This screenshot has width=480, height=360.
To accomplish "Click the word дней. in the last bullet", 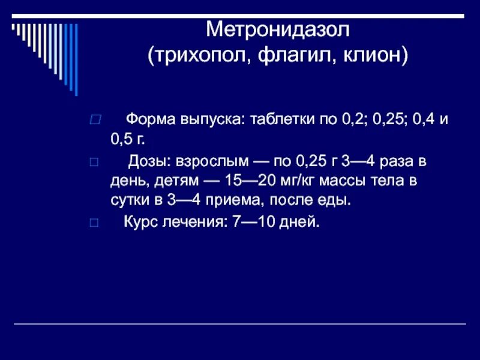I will click(299, 222).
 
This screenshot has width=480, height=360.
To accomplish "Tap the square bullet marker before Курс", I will click(93, 223).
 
